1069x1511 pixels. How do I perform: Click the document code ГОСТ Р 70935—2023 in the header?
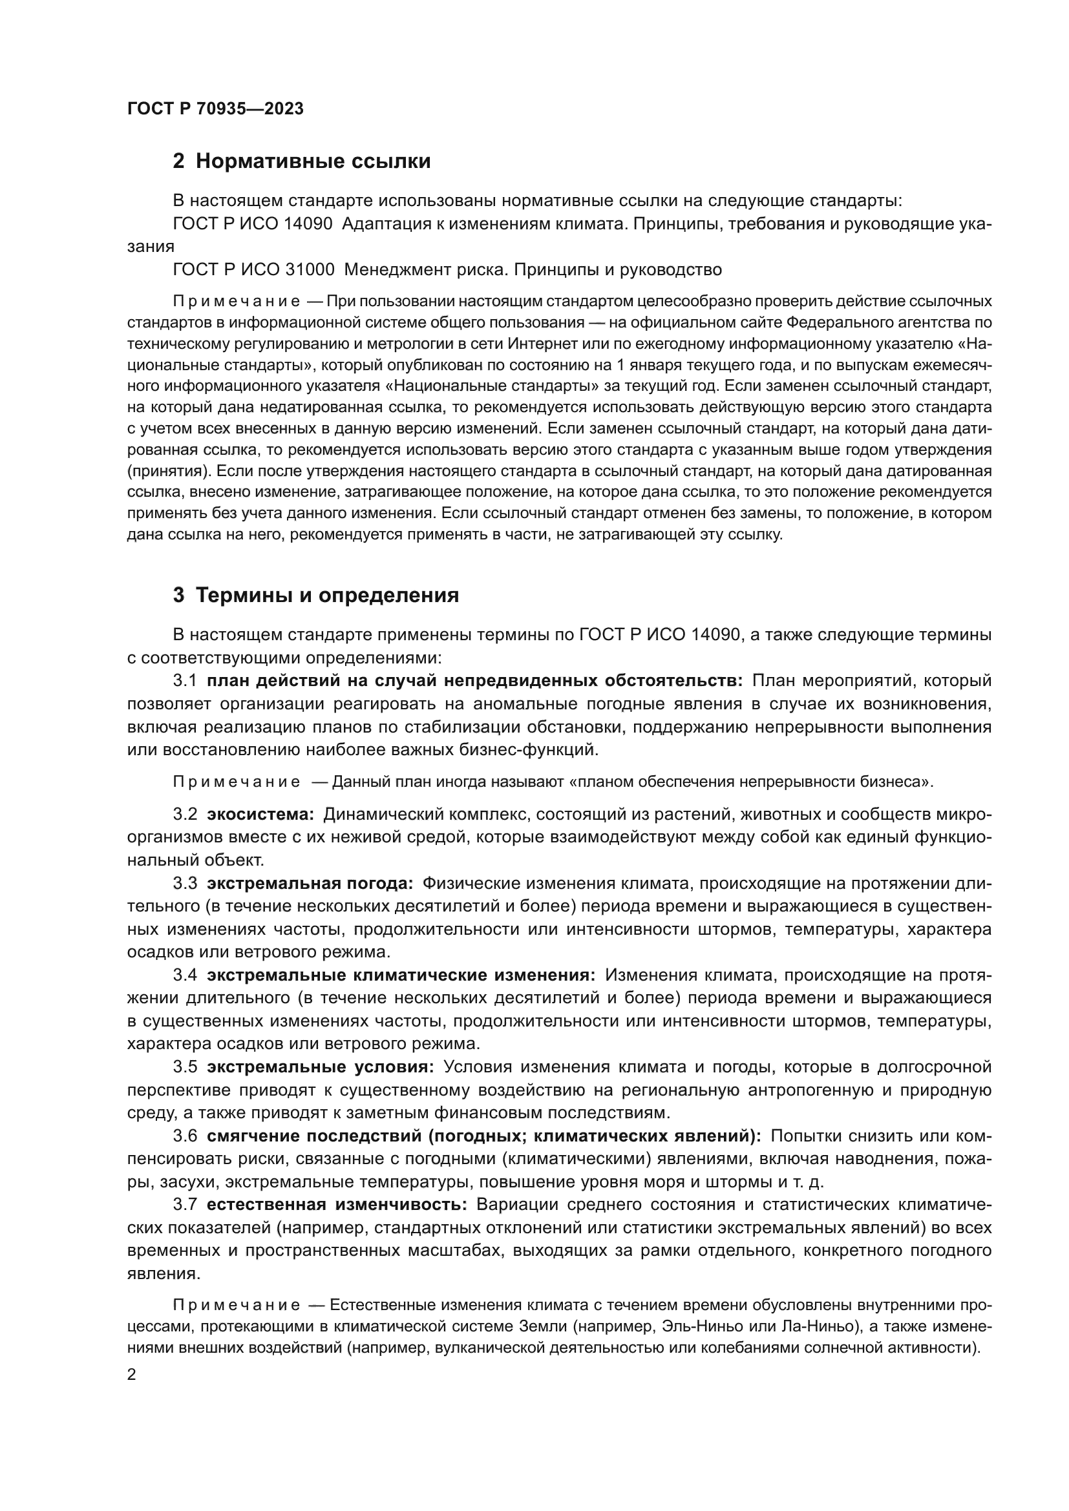click(x=215, y=109)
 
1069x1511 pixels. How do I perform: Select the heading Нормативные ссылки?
click(x=313, y=162)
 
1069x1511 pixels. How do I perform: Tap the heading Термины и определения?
click(x=327, y=596)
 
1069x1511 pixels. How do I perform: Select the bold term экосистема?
click(x=260, y=815)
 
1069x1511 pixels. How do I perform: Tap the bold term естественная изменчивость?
click(x=336, y=1204)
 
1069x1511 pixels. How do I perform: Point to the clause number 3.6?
click(x=185, y=1136)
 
